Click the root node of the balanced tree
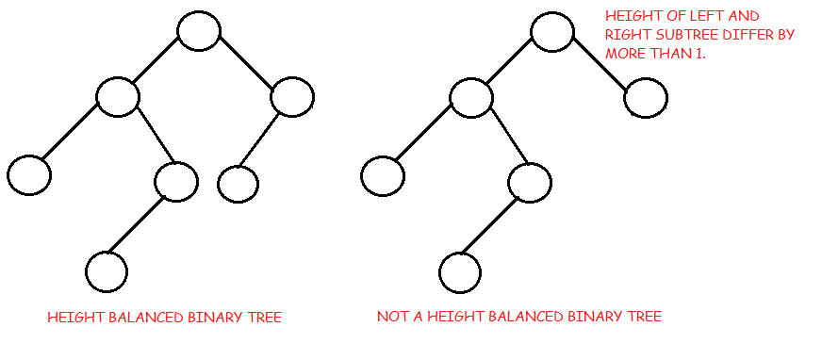tap(199, 31)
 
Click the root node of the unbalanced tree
tap(553, 31)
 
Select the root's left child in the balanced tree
tap(118, 96)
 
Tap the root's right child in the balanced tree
tap(291, 97)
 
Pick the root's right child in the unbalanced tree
tap(646, 97)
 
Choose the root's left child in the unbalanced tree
tap(471, 96)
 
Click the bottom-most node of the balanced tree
tap(107, 271)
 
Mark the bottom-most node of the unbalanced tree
tap(460, 271)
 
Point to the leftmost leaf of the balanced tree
tap(29, 174)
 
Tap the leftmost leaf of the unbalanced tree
tap(383, 174)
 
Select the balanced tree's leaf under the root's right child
tap(238, 184)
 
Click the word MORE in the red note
tap(625, 55)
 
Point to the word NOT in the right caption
tap(392, 317)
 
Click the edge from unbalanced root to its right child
tap(600, 63)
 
